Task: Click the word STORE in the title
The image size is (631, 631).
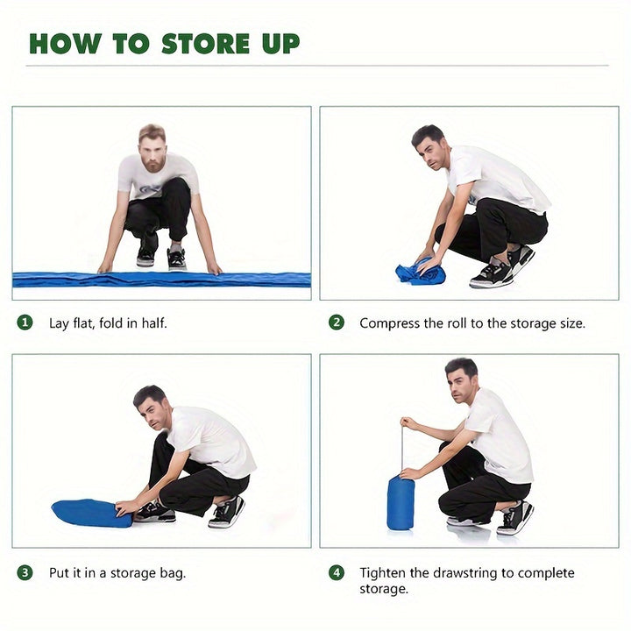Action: point(206,44)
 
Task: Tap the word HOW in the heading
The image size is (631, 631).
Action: point(64,44)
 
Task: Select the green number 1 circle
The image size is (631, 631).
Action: point(25,323)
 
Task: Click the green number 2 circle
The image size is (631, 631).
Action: point(337,323)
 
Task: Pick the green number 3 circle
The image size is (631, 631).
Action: point(25,572)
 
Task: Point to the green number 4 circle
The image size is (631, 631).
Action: point(337,572)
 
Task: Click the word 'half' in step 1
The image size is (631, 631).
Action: point(153,323)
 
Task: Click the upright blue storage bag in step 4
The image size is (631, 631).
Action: point(401,503)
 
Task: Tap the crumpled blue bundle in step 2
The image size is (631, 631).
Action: point(420,271)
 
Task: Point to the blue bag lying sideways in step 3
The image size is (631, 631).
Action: point(92,513)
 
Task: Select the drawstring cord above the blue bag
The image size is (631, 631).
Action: point(401,449)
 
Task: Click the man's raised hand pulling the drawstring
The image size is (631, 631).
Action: point(408,423)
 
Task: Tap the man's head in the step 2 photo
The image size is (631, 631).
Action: point(429,147)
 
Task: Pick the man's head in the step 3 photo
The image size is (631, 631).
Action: point(152,408)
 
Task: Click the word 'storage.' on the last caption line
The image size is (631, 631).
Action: point(384,590)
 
